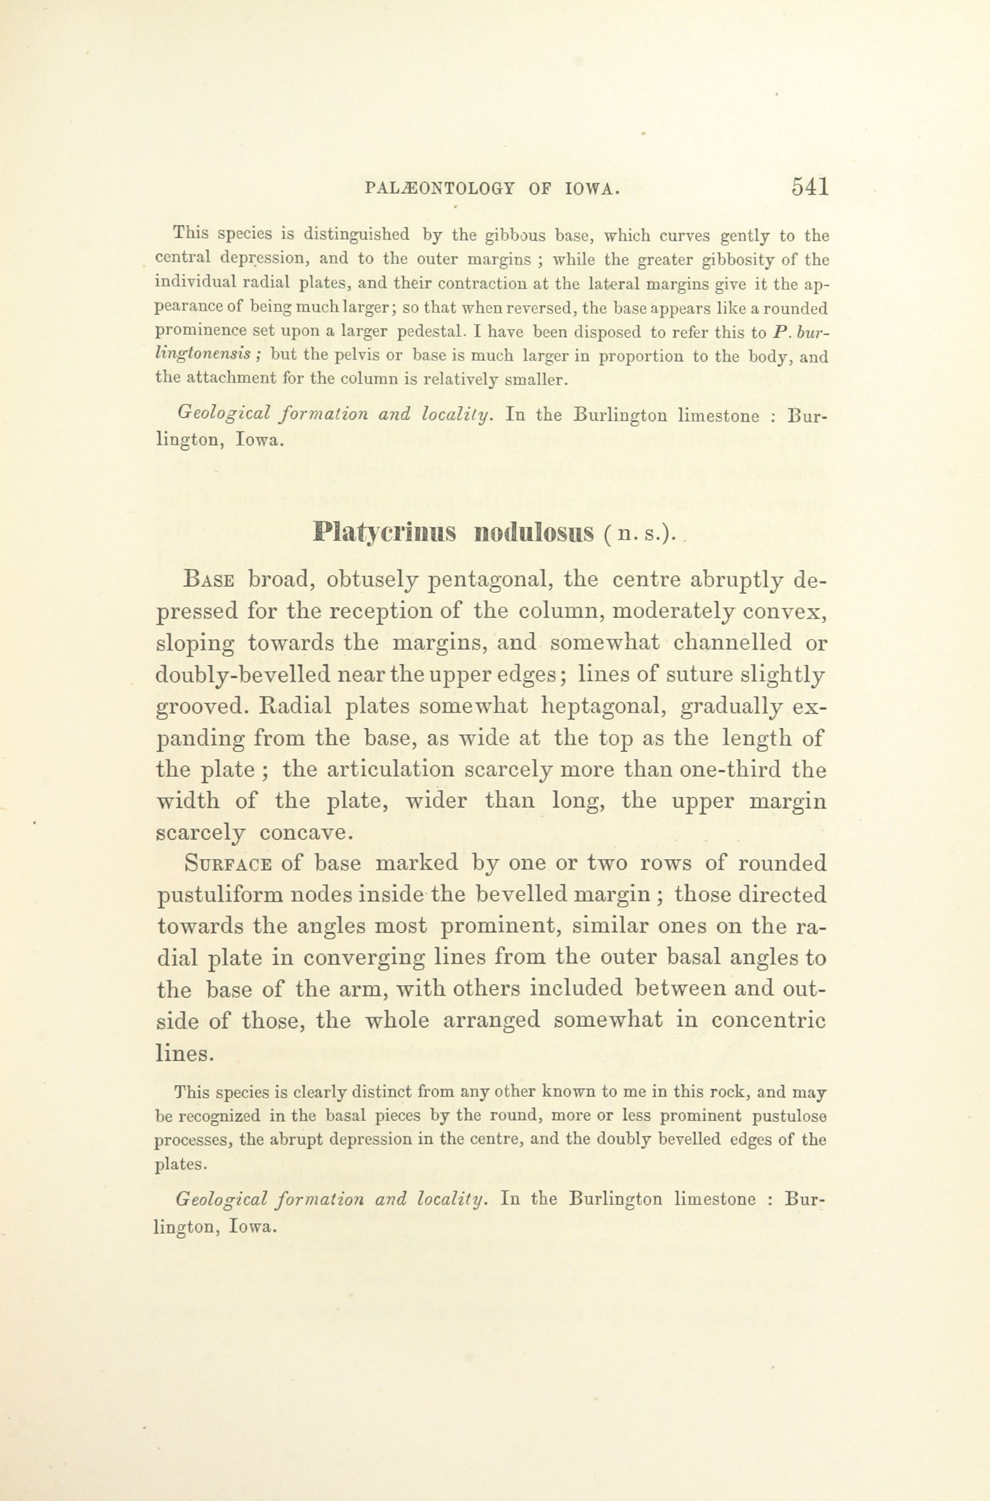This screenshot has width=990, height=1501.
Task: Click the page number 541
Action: (809, 188)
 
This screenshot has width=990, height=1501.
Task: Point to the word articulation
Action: (367, 770)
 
